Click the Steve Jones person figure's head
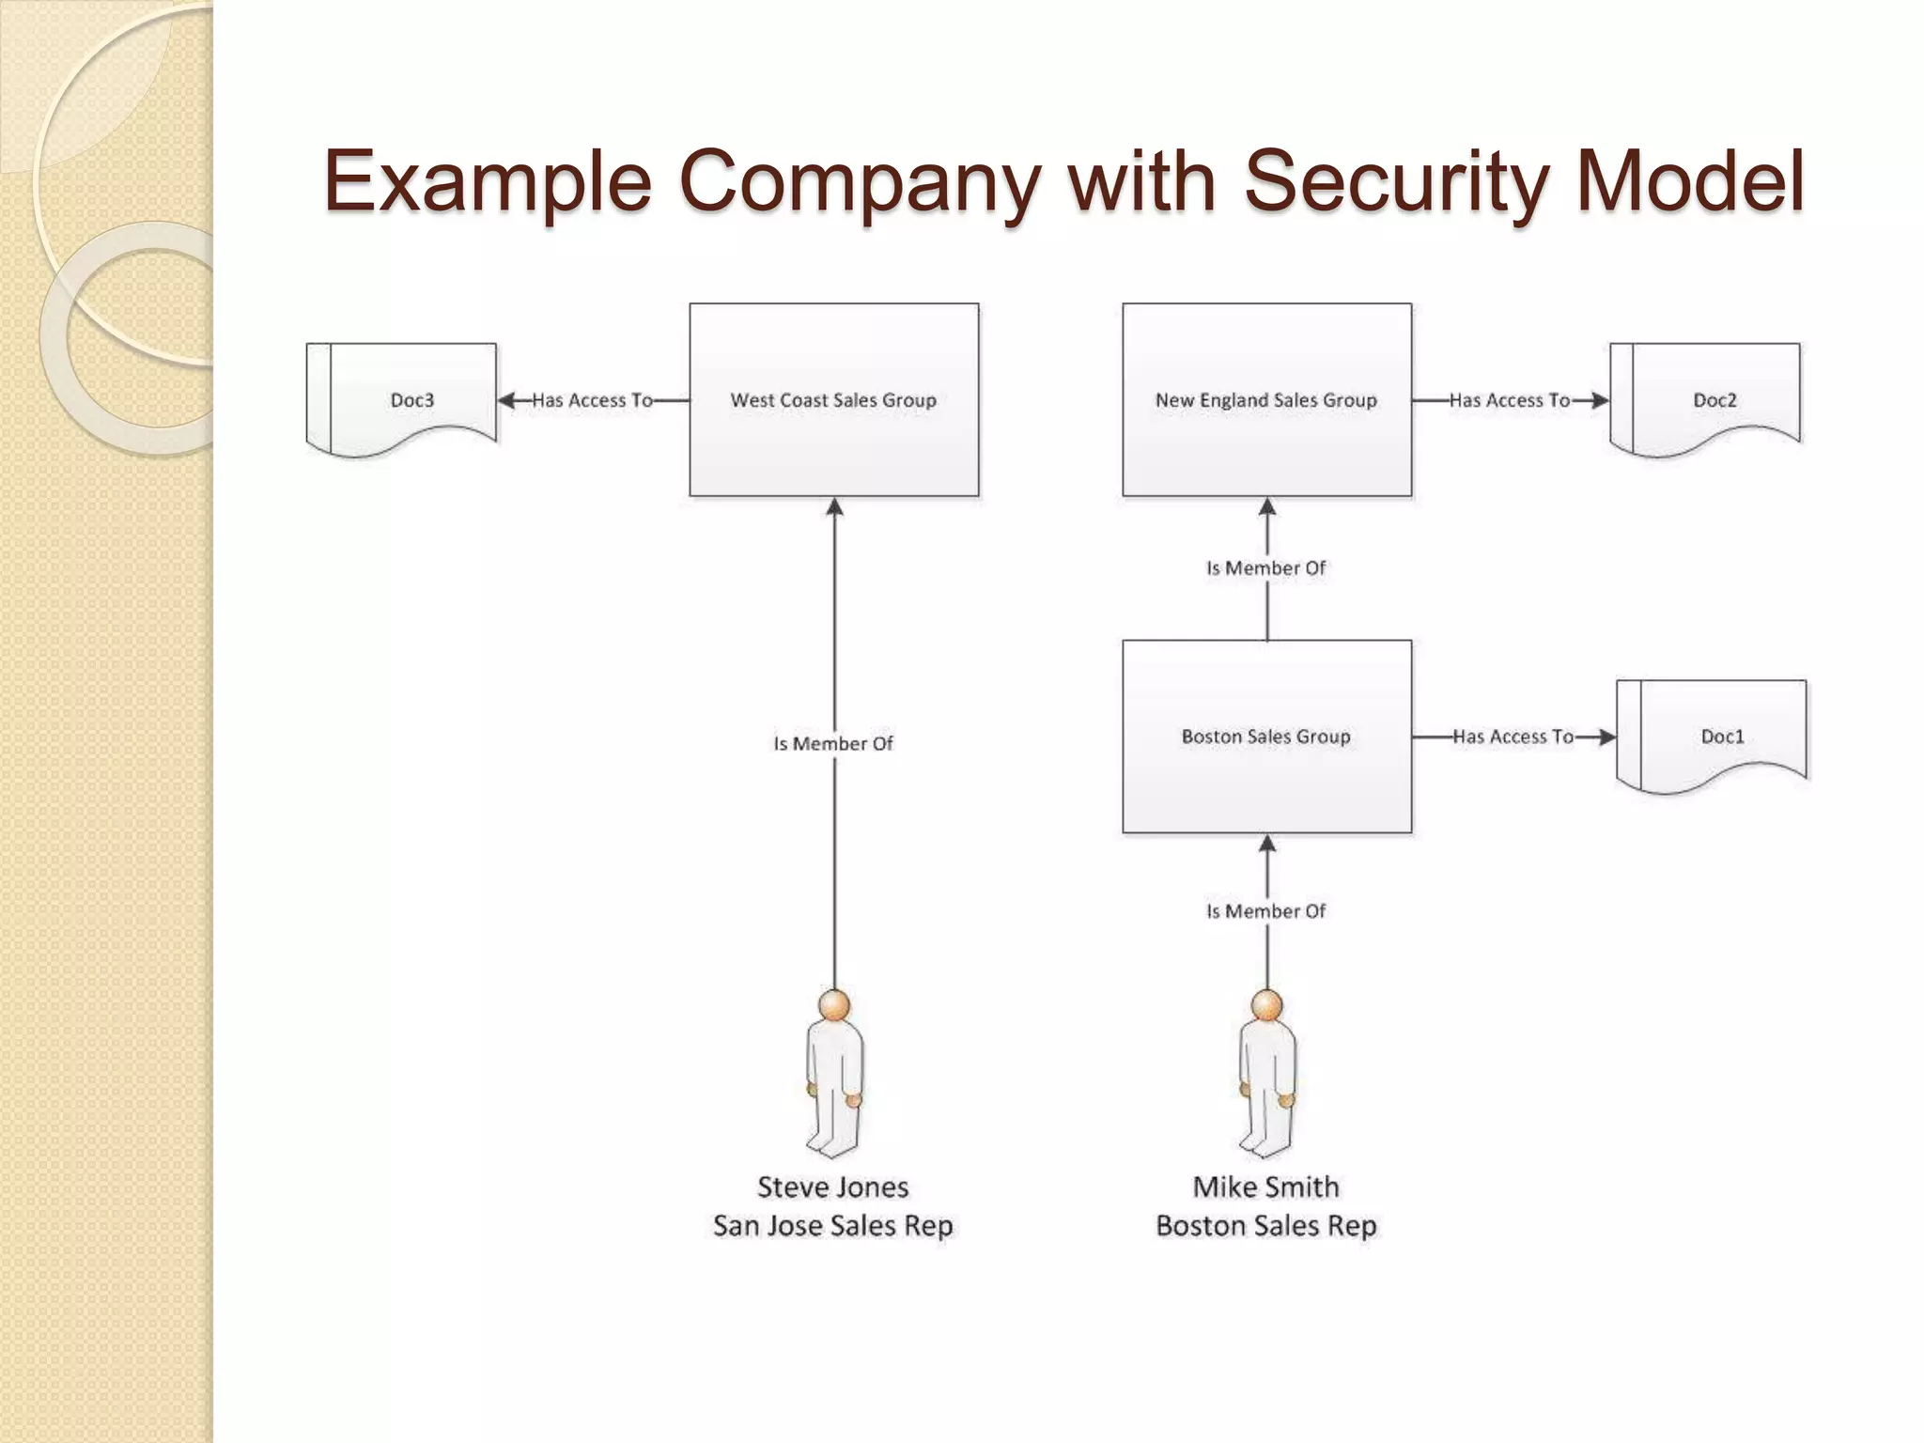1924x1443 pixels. point(834,1005)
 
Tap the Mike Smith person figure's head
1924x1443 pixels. point(1266,1005)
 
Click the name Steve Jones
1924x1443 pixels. point(833,1187)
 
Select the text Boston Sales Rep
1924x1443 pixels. point(1266,1226)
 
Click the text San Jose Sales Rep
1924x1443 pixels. point(833,1226)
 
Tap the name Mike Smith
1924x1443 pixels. point(1266,1187)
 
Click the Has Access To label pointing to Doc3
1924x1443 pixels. point(592,400)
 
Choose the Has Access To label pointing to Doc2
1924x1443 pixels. point(1509,400)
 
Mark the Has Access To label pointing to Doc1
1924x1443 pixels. point(1513,737)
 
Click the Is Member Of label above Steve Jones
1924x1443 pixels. point(833,743)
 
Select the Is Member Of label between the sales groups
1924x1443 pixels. point(1266,567)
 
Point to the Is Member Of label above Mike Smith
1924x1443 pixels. point(1266,910)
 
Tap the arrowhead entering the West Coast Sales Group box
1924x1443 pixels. point(834,507)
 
